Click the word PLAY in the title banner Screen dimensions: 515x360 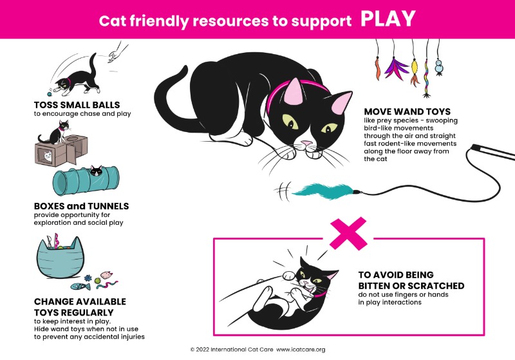388,19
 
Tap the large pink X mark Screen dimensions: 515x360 348,233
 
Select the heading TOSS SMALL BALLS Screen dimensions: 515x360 77,105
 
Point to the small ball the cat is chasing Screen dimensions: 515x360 50,94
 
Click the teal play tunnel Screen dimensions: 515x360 86,181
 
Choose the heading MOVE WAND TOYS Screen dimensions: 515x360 407,111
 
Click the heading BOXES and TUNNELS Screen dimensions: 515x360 82,206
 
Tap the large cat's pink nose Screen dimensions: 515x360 307,143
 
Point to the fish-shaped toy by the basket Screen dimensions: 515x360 80,287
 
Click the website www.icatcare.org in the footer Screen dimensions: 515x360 301,350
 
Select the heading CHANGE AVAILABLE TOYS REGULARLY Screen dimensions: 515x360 80,307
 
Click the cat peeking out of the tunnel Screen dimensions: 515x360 97,171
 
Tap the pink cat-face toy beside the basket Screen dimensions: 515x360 106,275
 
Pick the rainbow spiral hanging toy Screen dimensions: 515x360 427,78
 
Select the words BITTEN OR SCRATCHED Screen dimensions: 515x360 411,285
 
